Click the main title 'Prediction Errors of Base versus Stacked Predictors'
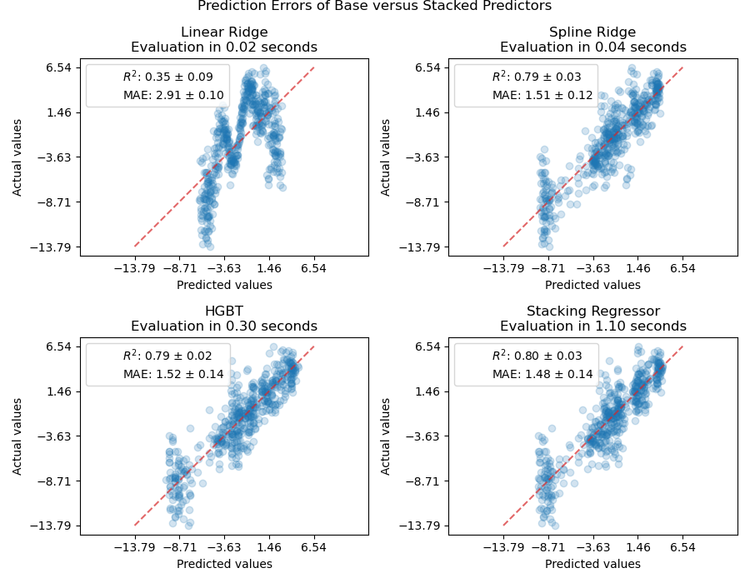(x=374, y=7)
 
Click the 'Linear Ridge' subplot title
(x=224, y=32)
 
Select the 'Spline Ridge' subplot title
(x=592, y=32)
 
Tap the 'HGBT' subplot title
(x=224, y=311)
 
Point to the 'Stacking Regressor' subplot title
(x=592, y=311)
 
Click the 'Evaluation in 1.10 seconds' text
(x=592, y=326)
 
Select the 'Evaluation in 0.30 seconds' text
(x=224, y=326)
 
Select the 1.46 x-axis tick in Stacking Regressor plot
(x=637, y=549)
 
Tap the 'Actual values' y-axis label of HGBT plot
(x=17, y=436)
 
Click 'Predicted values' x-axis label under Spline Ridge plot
(x=592, y=285)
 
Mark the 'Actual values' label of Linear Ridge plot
(x=17, y=157)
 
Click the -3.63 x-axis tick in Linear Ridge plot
(x=224, y=270)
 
